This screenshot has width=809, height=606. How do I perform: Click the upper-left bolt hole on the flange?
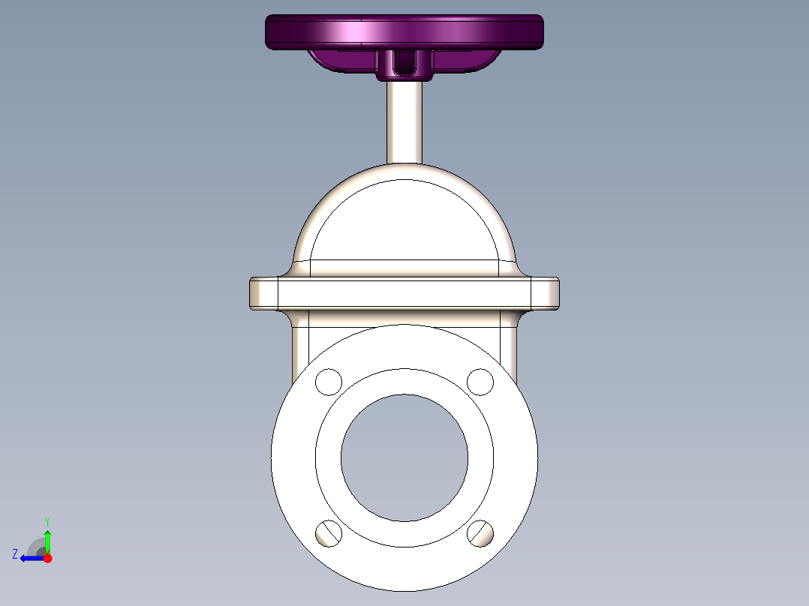click(329, 382)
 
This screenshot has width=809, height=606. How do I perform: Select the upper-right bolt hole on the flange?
click(480, 382)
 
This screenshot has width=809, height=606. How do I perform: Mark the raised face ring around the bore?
click(404, 382)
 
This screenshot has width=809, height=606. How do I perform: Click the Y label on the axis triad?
click(47, 520)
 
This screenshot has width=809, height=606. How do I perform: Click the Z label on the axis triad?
click(15, 554)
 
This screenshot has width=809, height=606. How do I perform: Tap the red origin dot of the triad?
click(47, 558)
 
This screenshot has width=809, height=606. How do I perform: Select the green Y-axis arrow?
click(47, 540)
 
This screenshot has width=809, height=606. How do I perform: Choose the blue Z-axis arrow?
click(32, 558)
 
